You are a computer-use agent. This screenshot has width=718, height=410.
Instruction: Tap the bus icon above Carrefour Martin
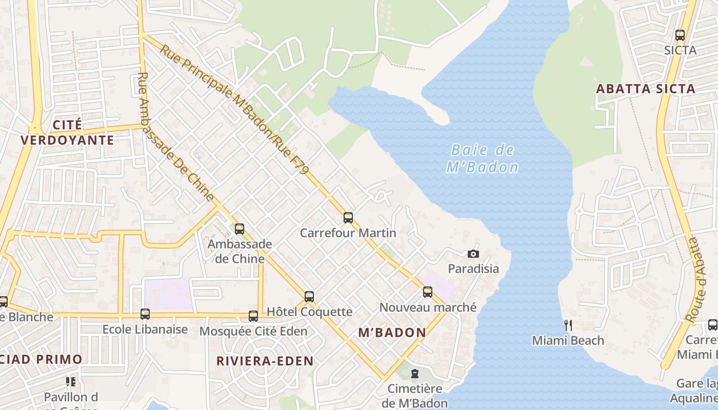[x=348, y=218]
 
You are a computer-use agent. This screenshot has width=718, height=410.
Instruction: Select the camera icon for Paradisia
[x=473, y=254]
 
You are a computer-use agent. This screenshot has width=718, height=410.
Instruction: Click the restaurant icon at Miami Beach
[x=568, y=325]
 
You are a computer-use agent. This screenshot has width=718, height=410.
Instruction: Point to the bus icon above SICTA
[x=680, y=35]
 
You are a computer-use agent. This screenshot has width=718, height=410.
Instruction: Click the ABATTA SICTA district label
[x=645, y=89]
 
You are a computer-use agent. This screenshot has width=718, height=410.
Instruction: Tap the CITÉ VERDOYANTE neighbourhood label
[x=67, y=132]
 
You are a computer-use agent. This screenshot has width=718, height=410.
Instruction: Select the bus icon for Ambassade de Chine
[x=240, y=229]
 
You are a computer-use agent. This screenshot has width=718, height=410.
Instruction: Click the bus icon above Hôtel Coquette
[x=309, y=296]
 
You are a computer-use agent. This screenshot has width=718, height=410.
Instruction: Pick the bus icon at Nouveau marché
[x=428, y=292]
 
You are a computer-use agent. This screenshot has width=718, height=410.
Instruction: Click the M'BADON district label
[x=392, y=333]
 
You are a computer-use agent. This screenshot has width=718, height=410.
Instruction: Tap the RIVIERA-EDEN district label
[x=265, y=361]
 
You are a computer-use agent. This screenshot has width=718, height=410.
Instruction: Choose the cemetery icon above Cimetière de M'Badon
[x=415, y=374]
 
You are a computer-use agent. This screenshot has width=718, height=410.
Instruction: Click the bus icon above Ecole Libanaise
[x=145, y=314]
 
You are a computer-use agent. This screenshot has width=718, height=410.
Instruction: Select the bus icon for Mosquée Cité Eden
[x=253, y=316]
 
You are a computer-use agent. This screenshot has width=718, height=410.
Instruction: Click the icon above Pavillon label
[x=71, y=381]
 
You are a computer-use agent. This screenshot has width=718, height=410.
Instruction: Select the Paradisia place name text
[x=473, y=269]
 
